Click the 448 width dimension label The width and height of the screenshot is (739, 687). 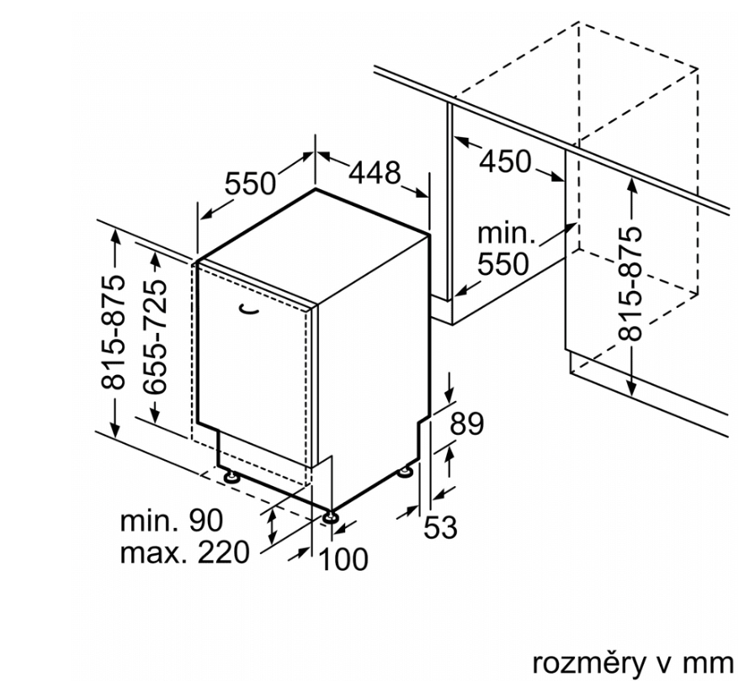point(375,173)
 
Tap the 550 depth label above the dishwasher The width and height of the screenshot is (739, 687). point(251,183)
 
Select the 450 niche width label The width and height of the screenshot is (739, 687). point(505,161)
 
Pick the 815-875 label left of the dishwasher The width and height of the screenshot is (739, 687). point(114,333)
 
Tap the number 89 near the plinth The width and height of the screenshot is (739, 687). point(467,424)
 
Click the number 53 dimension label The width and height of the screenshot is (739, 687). point(439,528)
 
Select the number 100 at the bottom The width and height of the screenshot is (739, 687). point(344,558)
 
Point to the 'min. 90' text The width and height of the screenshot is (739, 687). point(172,521)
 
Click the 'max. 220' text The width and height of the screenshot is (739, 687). point(184,552)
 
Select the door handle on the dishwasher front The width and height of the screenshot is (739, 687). point(247,310)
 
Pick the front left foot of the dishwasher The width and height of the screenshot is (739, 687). point(229,476)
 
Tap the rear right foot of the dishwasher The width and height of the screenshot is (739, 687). point(407,472)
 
